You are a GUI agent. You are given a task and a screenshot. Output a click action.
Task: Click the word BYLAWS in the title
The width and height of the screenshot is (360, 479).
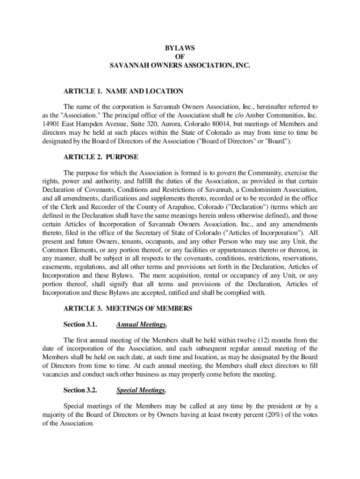180,48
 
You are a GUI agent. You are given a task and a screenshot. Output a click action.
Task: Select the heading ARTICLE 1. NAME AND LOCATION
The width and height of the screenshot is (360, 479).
123,91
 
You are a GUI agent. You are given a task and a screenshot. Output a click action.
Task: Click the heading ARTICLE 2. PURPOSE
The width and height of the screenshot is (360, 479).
101,157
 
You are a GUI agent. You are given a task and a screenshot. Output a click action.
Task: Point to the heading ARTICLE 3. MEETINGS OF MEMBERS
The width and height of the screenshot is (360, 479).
128,308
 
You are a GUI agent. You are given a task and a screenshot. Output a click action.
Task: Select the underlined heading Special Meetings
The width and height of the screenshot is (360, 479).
141,390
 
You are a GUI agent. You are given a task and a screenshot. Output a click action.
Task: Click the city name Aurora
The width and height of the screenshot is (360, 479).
175,124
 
